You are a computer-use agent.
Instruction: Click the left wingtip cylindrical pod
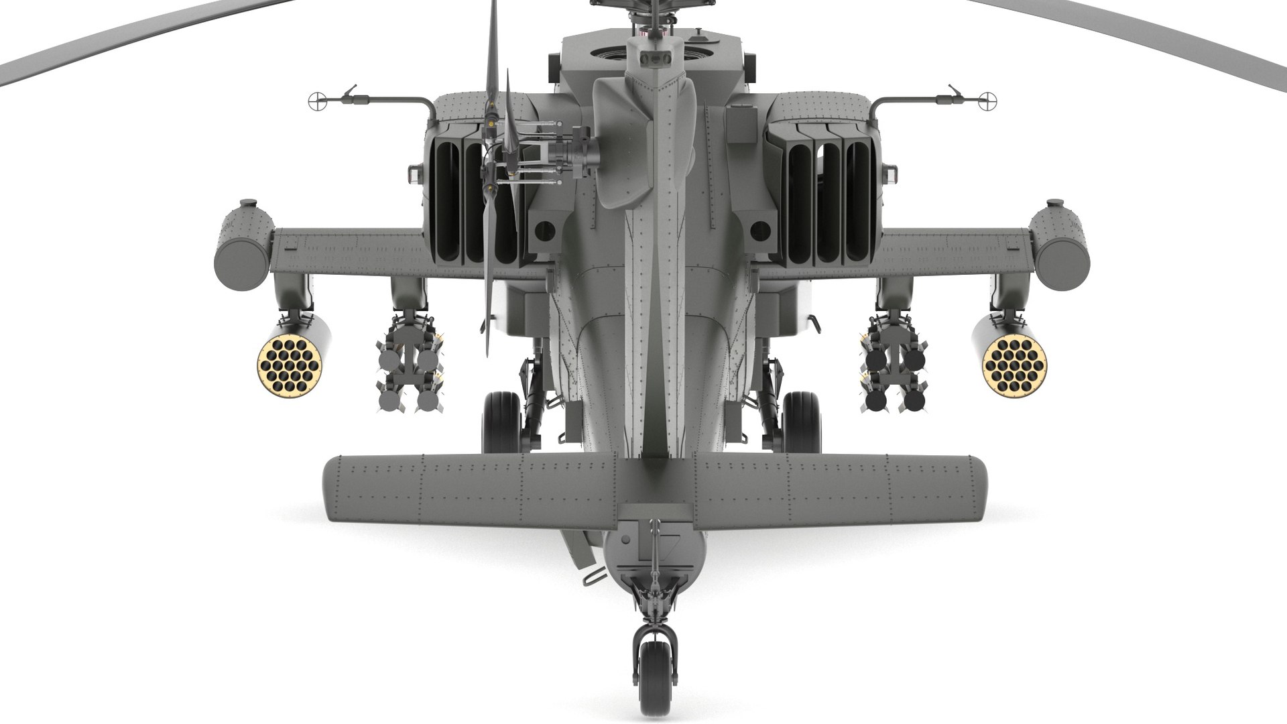[x=243, y=245]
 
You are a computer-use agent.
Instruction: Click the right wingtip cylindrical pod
[x=1059, y=245]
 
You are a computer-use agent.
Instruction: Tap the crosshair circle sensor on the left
[x=319, y=101]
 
